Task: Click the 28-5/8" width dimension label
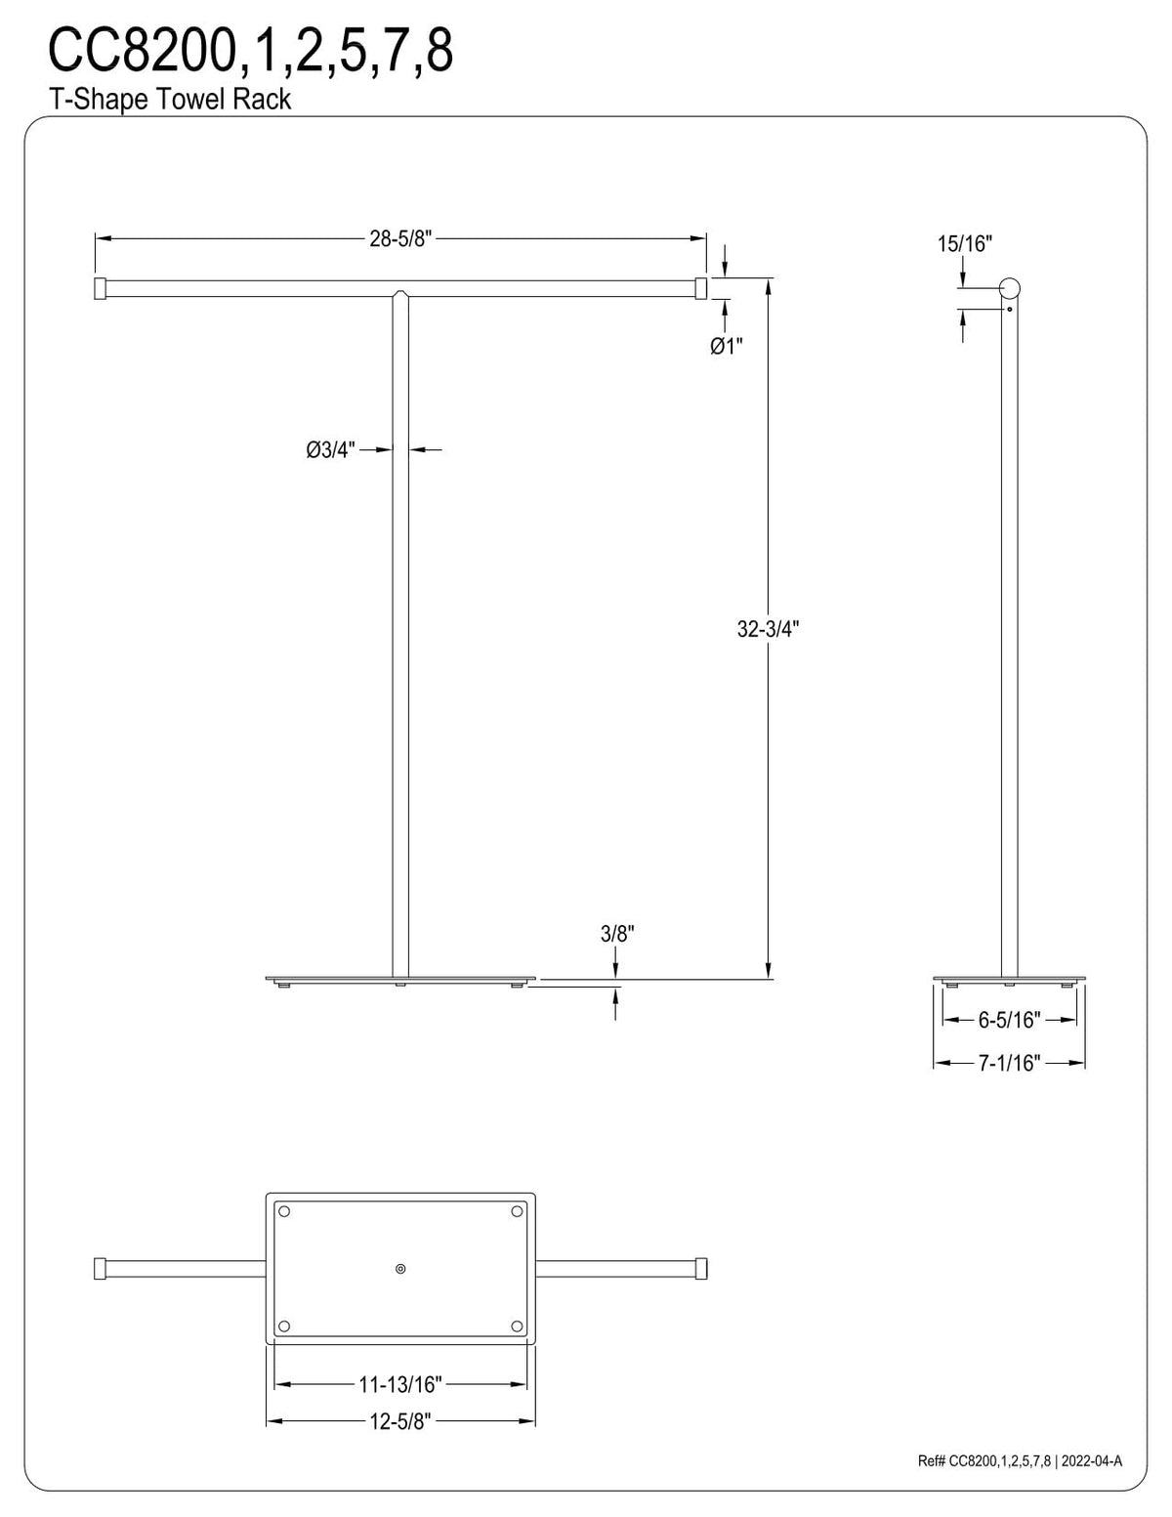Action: pos(400,238)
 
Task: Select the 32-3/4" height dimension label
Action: pos(768,629)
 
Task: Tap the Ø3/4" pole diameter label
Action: pos(331,450)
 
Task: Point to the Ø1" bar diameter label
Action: pos(727,346)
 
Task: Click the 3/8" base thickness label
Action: pos(617,934)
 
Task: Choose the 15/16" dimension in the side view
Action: pos(965,243)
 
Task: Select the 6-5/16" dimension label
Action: pos(1009,1020)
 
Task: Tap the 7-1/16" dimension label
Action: pos(1009,1063)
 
